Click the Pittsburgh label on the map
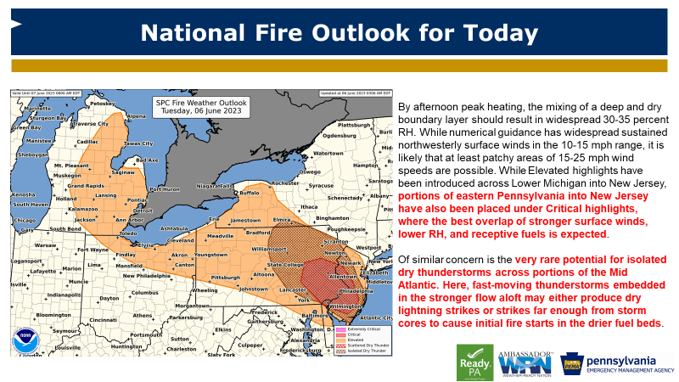tap(227, 278)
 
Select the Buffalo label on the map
tap(250, 192)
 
